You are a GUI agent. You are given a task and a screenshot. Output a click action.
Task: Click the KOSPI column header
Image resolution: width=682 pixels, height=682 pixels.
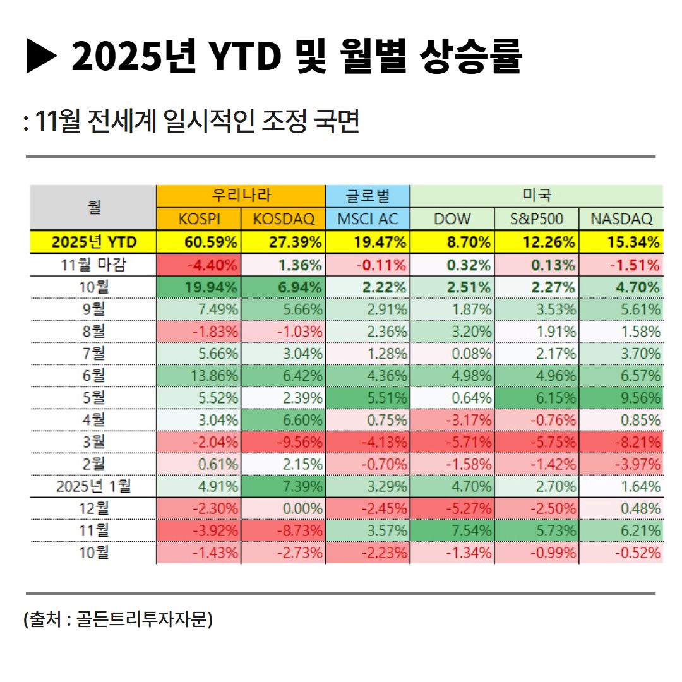tap(198, 219)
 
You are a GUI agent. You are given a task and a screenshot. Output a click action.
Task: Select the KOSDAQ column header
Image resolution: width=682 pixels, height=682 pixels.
tap(284, 219)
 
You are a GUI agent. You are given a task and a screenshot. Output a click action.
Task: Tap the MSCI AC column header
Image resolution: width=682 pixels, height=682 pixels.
tap(368, 219)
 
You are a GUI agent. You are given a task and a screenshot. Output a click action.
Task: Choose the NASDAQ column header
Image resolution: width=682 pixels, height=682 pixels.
tap(621, 219)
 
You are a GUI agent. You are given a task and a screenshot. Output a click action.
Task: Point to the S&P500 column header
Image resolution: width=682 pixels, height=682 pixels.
tap(536, 219)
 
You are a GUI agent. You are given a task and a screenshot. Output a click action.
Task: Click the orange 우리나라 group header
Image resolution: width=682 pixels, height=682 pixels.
tap(241, 196)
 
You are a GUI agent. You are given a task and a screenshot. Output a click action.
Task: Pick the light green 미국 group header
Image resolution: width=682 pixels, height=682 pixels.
tap(536, 196)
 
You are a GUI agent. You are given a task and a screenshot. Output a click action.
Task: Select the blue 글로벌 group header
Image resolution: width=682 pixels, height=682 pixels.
tap(368, 196)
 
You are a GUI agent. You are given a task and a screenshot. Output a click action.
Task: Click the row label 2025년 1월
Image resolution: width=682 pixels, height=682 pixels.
tap(93, 486)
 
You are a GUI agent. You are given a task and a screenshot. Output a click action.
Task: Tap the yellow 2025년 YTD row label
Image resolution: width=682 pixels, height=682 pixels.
tap(93, 242)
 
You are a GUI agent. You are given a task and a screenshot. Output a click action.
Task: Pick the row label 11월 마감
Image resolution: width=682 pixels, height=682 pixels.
tap(93, 265)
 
